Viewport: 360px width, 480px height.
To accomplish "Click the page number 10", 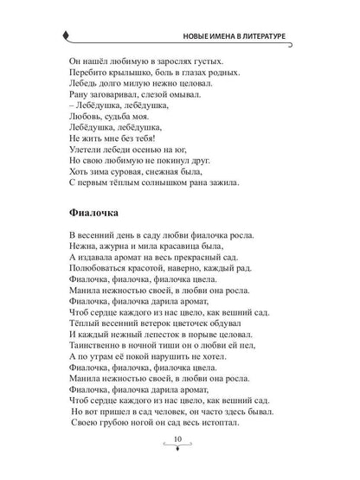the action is pos(179,465).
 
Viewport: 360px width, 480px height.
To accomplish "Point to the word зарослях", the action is pos(170,63).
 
